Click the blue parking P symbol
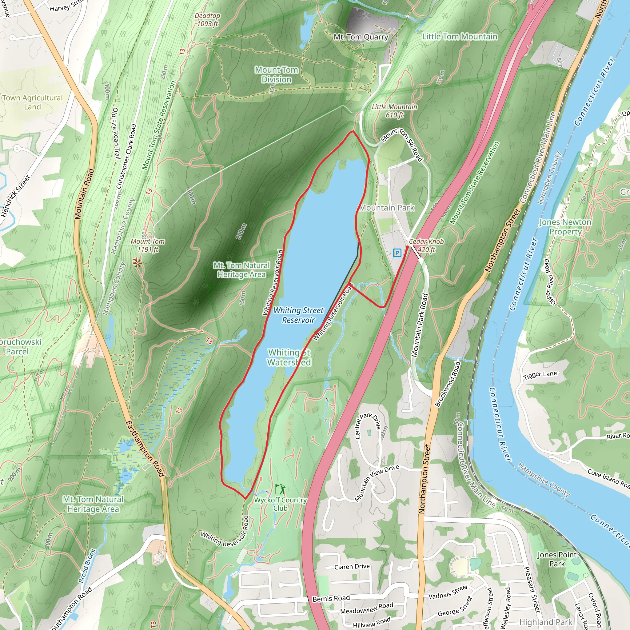pos(397,253)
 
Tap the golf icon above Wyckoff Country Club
pos(280,489)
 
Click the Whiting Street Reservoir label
pos(298,315)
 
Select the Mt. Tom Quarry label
pos(361,37)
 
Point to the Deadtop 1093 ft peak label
pos(207,20)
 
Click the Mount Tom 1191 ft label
pos(148,245)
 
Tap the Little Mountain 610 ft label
pos(395,111)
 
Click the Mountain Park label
pos(387,208)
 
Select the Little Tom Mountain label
pos(460,37)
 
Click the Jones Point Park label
pos(557,559)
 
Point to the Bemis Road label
pos(331,598)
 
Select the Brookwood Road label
pos(448,384)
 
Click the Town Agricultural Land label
pos(32,102)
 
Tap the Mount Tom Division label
pos(277,74)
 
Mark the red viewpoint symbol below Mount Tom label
pos(137,263)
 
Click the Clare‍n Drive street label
pos(352,567)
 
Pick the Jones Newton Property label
pos(565,227)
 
